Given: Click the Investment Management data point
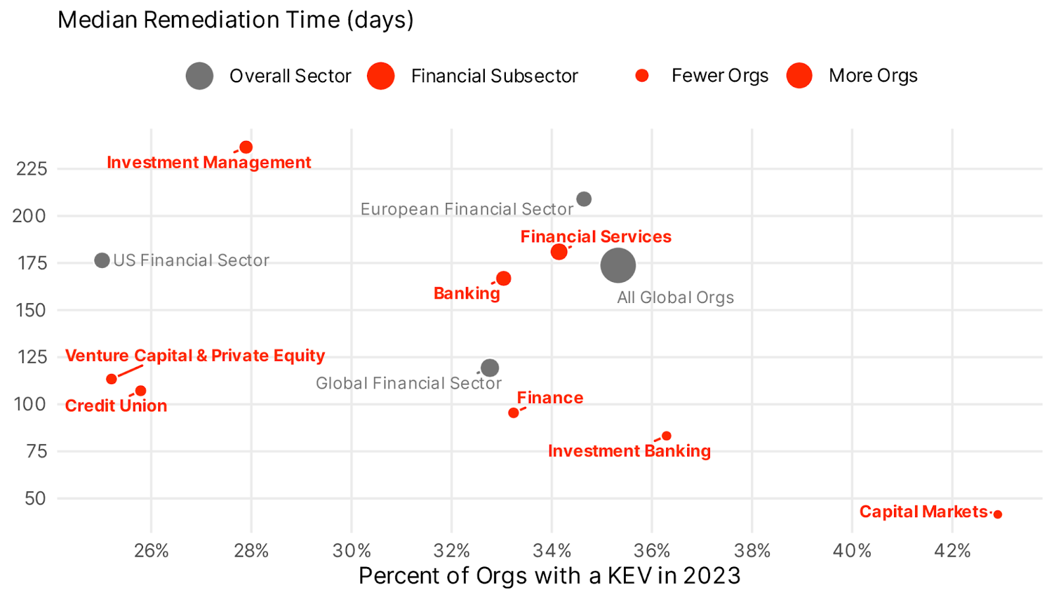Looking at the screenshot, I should click(x=246, y=147).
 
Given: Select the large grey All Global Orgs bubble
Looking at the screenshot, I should click(x=618, y=265).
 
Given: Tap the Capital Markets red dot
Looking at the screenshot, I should click(x=997, y=514).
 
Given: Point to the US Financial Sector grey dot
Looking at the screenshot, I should click(x=102, y=260).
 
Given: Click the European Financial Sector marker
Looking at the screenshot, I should click(x=584, y=199).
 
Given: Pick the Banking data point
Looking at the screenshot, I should click(x=503, y=279).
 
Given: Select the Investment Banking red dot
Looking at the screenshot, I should click(x=667, y=436).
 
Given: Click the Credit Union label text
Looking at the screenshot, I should click(x=116, y=406).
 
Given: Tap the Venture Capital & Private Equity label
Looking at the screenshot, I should click(x=195, y=356).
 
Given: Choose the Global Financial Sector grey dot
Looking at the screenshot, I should click(x=489, y=368).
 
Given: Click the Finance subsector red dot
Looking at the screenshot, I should click(x=513, y=413).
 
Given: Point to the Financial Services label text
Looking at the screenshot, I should click(x=596, y=236).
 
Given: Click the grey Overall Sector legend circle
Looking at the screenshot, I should click(x=200, y=76).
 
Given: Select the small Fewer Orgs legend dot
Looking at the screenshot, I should click(x=642, y=76).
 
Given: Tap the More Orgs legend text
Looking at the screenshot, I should click(x=873, y=76).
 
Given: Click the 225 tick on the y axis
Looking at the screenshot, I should click(x=32, y=169).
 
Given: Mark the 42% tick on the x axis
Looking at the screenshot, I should click(x=952, y=551).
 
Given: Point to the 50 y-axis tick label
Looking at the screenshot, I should click(x=36, y=499).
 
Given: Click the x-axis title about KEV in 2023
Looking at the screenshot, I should click(x=549, y=576).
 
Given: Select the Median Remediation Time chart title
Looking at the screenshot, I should click(x=236, y=20).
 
